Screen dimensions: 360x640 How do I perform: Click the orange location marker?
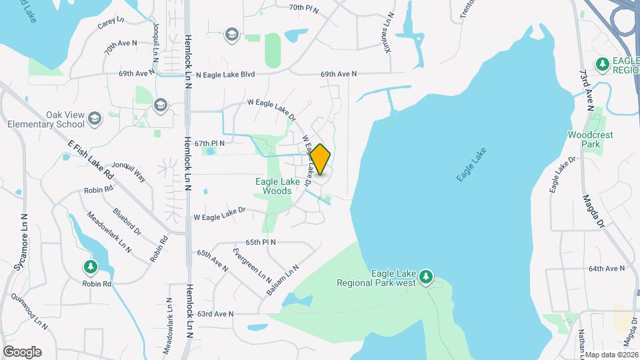pyautogui.click(x=321, y=159)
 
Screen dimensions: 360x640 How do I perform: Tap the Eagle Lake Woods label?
pyautogui.click(x=273, y=186)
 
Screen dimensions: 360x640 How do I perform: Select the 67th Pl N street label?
pyautogui.click(x=209, y=143)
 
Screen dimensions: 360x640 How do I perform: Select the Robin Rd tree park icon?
pyautogui.click(x=90, y=267)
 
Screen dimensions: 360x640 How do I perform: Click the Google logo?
pyautogui.click(x=22, y=351)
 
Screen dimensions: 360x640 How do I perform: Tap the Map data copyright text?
pyautogui.click(x=611, y=355)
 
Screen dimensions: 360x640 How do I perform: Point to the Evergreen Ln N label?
pyautogui.click(x=252, y=264)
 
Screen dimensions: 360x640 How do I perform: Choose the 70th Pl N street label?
pyautogui.click(x=304, y=7)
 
